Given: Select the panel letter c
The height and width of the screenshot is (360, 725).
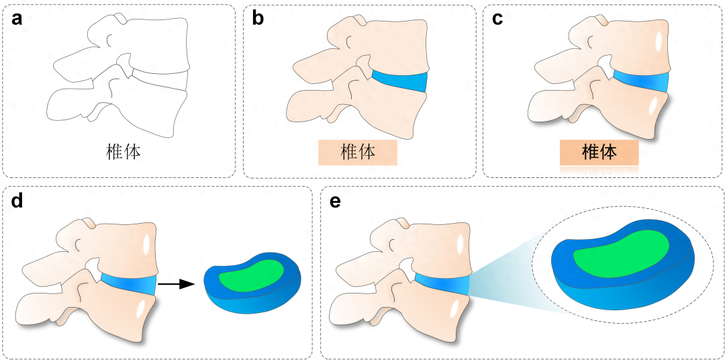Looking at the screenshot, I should pos(497,18).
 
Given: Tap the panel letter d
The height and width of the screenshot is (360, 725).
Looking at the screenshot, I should pos(18,201).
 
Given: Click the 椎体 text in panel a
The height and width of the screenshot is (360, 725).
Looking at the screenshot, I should pos(124,152).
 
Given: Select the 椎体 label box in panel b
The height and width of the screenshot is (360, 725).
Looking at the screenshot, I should pos(358,152).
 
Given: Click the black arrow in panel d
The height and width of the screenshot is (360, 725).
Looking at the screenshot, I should pos(177,284).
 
